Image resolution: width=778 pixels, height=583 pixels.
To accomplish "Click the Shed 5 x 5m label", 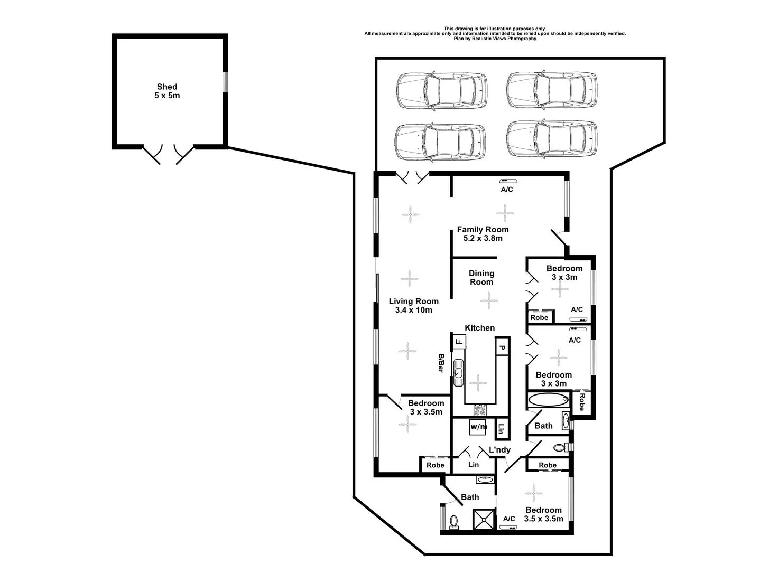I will click(x=167, y=91).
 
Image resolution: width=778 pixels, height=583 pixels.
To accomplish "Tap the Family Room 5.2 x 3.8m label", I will click(x=483, y=234).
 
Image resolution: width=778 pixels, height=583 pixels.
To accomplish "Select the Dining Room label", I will click(x=481, y=278).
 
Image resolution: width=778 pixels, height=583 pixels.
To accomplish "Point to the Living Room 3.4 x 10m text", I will click(x=414, y=306).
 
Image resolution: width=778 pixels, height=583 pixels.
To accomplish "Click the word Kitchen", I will click(x=480, y=328).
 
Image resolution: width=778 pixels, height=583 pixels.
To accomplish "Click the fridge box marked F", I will click(x=459, y=342).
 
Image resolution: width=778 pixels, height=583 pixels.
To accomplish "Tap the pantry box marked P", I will click(x=502, y=348).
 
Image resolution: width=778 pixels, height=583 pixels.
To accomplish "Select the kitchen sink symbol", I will click(x=458, y=370).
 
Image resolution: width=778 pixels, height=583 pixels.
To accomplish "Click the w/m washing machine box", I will click(x=479, y=427).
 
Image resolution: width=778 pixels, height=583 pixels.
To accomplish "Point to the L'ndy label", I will click(x=499, y=450).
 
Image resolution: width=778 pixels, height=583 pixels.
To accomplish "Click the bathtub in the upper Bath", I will click(x=548, y=399).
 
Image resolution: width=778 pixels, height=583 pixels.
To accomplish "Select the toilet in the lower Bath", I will click(x=454, y=522).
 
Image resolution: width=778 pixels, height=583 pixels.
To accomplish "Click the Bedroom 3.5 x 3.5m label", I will click(x=543, y=514).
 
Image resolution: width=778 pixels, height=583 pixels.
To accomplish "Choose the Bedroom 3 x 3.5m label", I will click(x=426, y=408).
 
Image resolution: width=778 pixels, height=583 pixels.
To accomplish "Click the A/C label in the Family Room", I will click(x=507, y=190).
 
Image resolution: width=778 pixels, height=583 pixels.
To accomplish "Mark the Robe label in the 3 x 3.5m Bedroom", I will click(x=436, y=465).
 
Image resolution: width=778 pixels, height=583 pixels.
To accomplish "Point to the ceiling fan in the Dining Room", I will click(x=489, y=302).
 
